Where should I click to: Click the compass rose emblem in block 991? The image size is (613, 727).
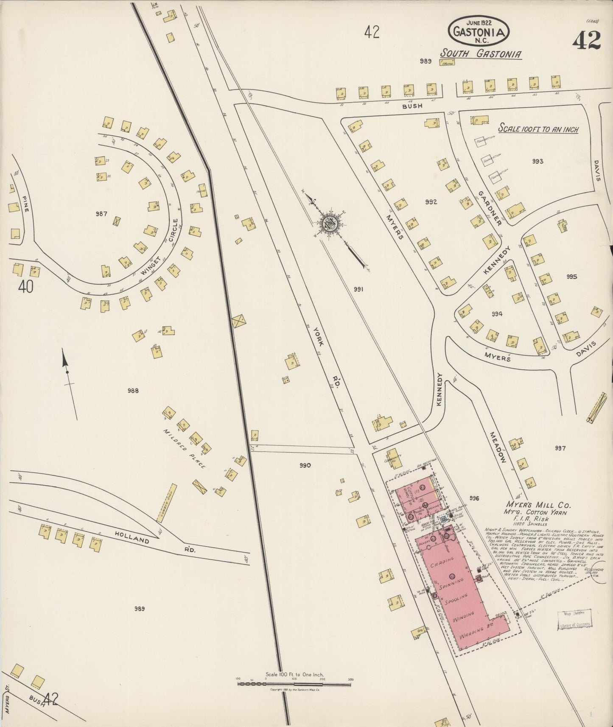click(330, 223)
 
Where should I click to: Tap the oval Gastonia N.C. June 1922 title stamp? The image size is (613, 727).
click(478, 31)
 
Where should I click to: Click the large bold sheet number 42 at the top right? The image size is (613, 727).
click(586, 40)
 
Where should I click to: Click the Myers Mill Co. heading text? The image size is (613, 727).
click(538, 505)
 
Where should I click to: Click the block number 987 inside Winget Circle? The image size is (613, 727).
click(101, 214)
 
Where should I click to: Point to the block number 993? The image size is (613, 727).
click(537, 161)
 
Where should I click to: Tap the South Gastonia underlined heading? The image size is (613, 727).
click(480, 53)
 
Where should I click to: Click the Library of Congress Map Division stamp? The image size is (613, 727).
click(574, 619)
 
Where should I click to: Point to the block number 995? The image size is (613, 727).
click(571, 277)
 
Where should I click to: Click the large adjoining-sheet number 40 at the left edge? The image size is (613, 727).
click(25, 287)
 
